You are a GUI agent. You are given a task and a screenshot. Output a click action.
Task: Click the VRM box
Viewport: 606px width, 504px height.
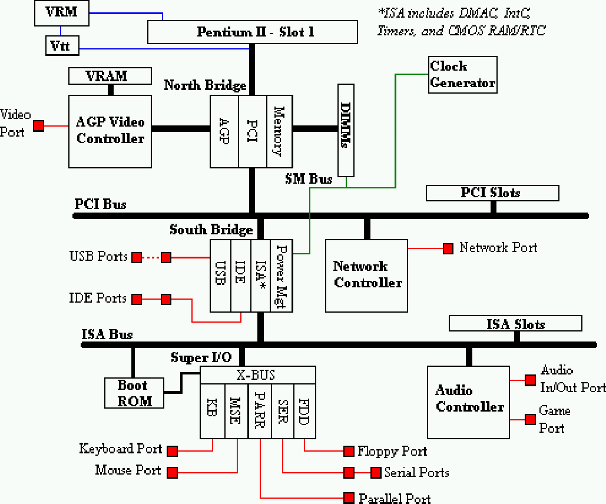[x=61, y=13]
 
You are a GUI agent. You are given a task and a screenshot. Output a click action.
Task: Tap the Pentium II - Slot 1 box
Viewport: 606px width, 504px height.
[x=252, y=32]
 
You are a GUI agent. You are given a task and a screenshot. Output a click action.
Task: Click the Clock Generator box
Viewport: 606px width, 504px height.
[x=462, y=75]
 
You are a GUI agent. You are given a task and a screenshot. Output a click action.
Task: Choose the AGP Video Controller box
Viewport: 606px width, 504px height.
[x=110, y=131]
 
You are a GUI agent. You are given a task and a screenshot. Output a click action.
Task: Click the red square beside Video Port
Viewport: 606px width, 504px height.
[x=39, y=125]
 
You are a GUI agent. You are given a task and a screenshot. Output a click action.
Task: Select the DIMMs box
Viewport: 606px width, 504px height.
[x=346, y=130]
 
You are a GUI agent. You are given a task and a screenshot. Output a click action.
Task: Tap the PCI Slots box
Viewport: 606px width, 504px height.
[x=492, y=193]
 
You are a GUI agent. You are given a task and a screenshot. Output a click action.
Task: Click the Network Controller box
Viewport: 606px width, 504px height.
[x=366, y=275]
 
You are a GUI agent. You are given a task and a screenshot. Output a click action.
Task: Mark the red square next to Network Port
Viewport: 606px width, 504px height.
[x=448, y=248]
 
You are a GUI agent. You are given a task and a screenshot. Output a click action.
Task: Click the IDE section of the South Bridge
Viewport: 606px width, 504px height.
[x=240, y=276]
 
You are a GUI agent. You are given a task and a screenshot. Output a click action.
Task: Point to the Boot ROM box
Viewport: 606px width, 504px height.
[x=134, y=393]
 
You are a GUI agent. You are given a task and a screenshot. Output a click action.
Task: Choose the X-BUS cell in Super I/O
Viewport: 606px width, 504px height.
[x=257, y=374]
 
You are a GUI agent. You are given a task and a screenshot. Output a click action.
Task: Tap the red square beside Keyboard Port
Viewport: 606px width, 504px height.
[x=173, y=451]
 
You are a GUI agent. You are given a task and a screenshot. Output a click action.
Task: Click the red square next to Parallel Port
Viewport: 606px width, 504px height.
[x=349, y=497]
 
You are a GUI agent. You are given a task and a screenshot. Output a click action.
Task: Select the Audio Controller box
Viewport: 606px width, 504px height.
[x=468, y=402]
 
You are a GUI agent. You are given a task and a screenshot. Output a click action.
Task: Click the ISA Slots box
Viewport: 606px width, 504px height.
[x=515, y=324]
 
